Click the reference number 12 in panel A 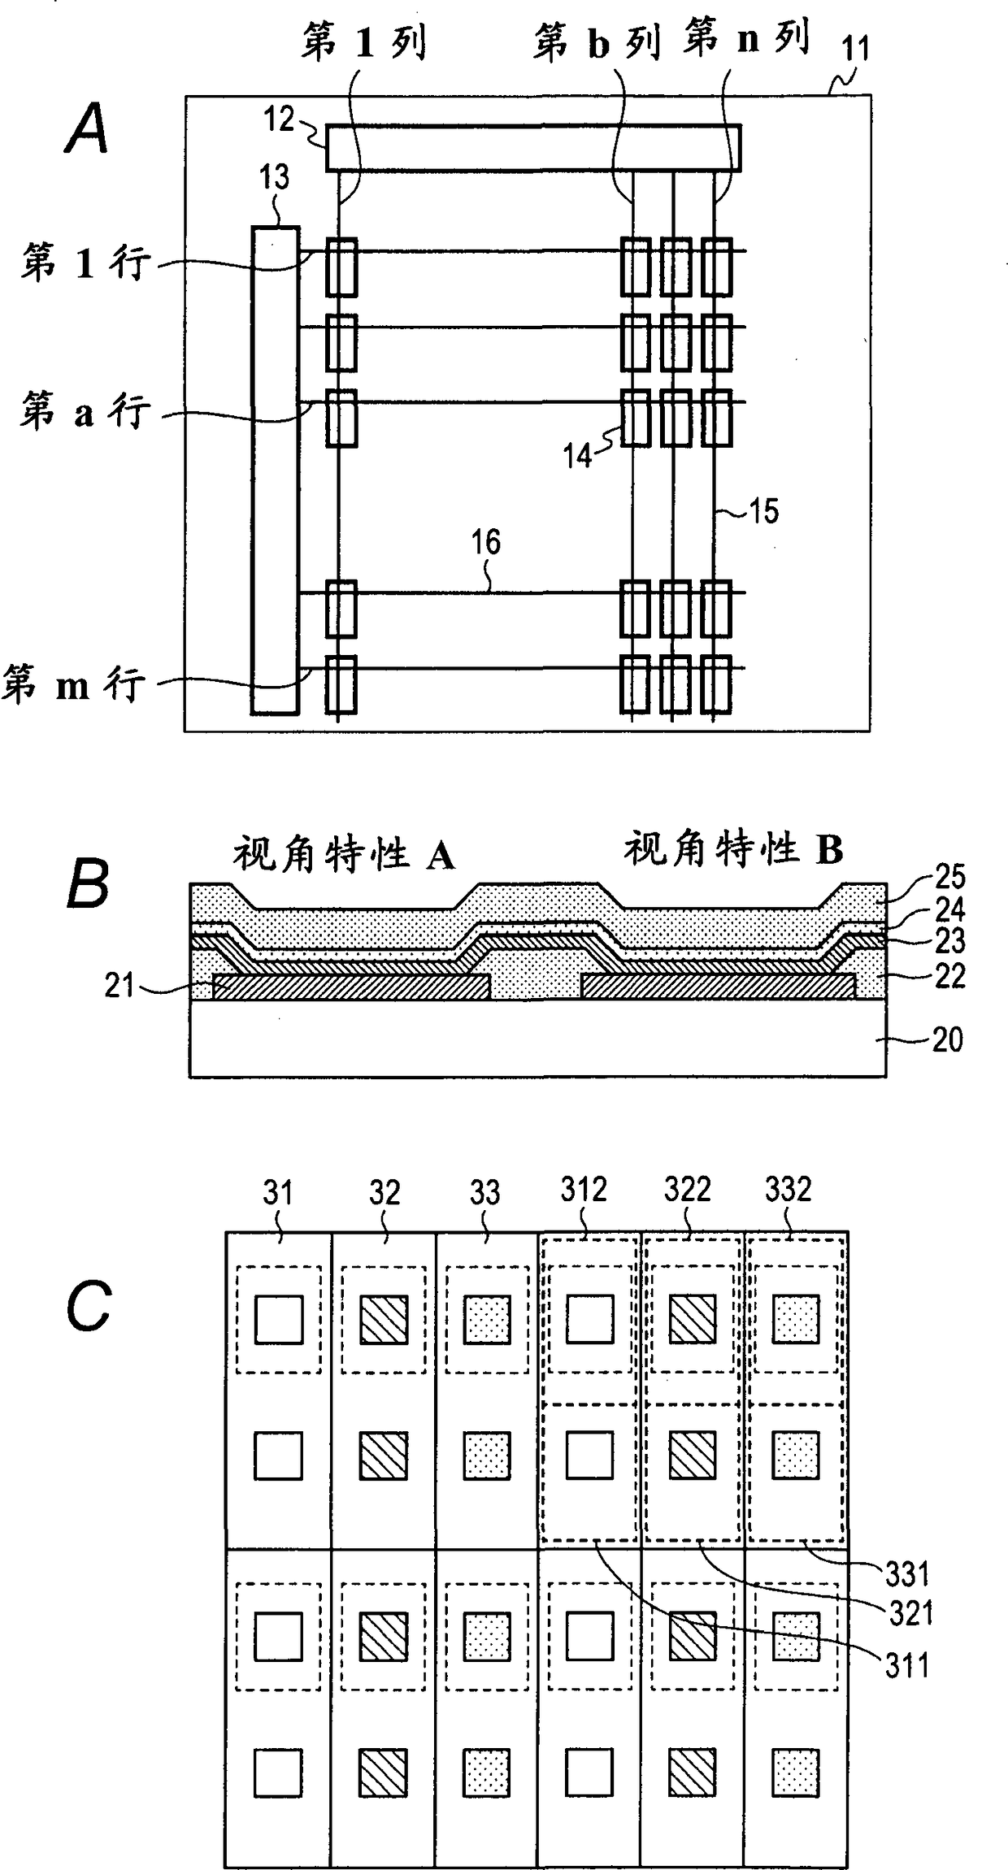tap(279, 119)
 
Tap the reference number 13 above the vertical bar tap(274, 176)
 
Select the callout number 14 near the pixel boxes tap(578, 456)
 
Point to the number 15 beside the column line tap(763, 511)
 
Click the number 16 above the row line tap(485, 542)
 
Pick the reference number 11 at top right tap(854, 50)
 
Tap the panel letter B tap(87, 884)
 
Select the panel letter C tap(89, 1306)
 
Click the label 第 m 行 tap(74, 685)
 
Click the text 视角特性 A tap(344, 854)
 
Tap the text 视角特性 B tap(733, 848)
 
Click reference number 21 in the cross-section tap(119, 985)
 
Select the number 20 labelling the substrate tap(947, 1039)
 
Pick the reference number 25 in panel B tap(949, 876)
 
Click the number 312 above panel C tap(584, 1190)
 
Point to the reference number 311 tap(907, 1666)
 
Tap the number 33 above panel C tap(484, 1192)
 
